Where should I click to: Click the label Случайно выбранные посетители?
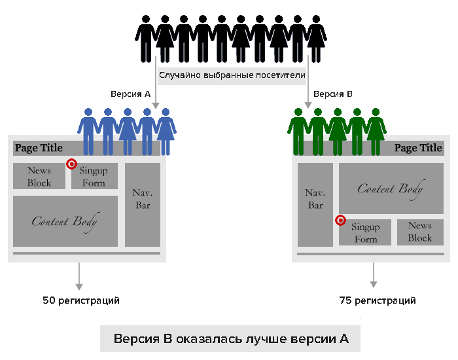pos(232,75)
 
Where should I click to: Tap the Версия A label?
pos(130,94)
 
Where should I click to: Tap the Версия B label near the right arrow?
pos(332,94)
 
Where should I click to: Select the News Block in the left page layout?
pos(39,176)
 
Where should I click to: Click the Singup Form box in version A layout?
pos(94,176)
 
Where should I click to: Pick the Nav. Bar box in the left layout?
pos(143,204)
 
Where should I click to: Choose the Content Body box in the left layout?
pos(65,221)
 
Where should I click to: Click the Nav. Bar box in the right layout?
pos(315,204)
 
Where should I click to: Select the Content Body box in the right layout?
pos(391,189)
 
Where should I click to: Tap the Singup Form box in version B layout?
pos(365,232)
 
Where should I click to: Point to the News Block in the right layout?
pos(420,232)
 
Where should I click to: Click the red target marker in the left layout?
pos(71,164)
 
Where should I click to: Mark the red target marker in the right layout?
pos(340,220)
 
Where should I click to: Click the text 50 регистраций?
pos(81,300)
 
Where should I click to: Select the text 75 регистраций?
pos(378,300)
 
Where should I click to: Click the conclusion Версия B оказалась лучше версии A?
pos(231,339)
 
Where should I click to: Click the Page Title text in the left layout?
pos(39,148)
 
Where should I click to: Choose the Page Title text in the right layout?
pos(418,148)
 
